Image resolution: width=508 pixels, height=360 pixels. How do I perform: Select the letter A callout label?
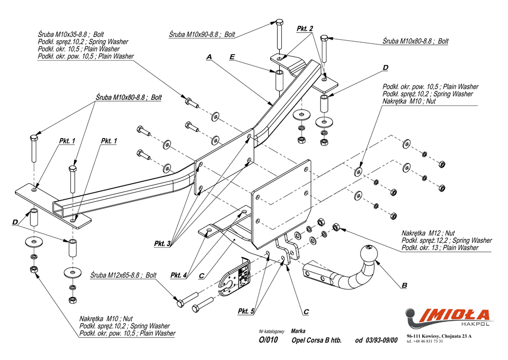[209, 57]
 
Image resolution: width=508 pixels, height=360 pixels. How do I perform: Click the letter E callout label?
[232, 57]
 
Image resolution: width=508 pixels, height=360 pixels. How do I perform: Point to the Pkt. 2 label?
[305, 29]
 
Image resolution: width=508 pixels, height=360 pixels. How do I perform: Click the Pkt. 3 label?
[162, 244]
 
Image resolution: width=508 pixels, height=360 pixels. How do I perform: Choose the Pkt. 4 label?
[179, 275]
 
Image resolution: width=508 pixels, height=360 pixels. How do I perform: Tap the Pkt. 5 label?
[246, 311]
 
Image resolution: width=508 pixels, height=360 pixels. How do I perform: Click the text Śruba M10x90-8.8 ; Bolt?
[202, 35]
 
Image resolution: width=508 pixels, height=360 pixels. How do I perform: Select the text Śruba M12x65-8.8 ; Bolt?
[124, 275]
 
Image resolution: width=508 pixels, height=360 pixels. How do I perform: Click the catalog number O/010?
[268, 340]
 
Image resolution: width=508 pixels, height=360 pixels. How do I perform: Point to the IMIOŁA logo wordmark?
[455, 315]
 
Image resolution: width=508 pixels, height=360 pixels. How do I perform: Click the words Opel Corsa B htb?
[317, 340]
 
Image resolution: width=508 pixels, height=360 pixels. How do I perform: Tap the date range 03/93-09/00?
[381, 340]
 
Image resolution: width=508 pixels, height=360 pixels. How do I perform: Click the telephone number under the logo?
[425, 342]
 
